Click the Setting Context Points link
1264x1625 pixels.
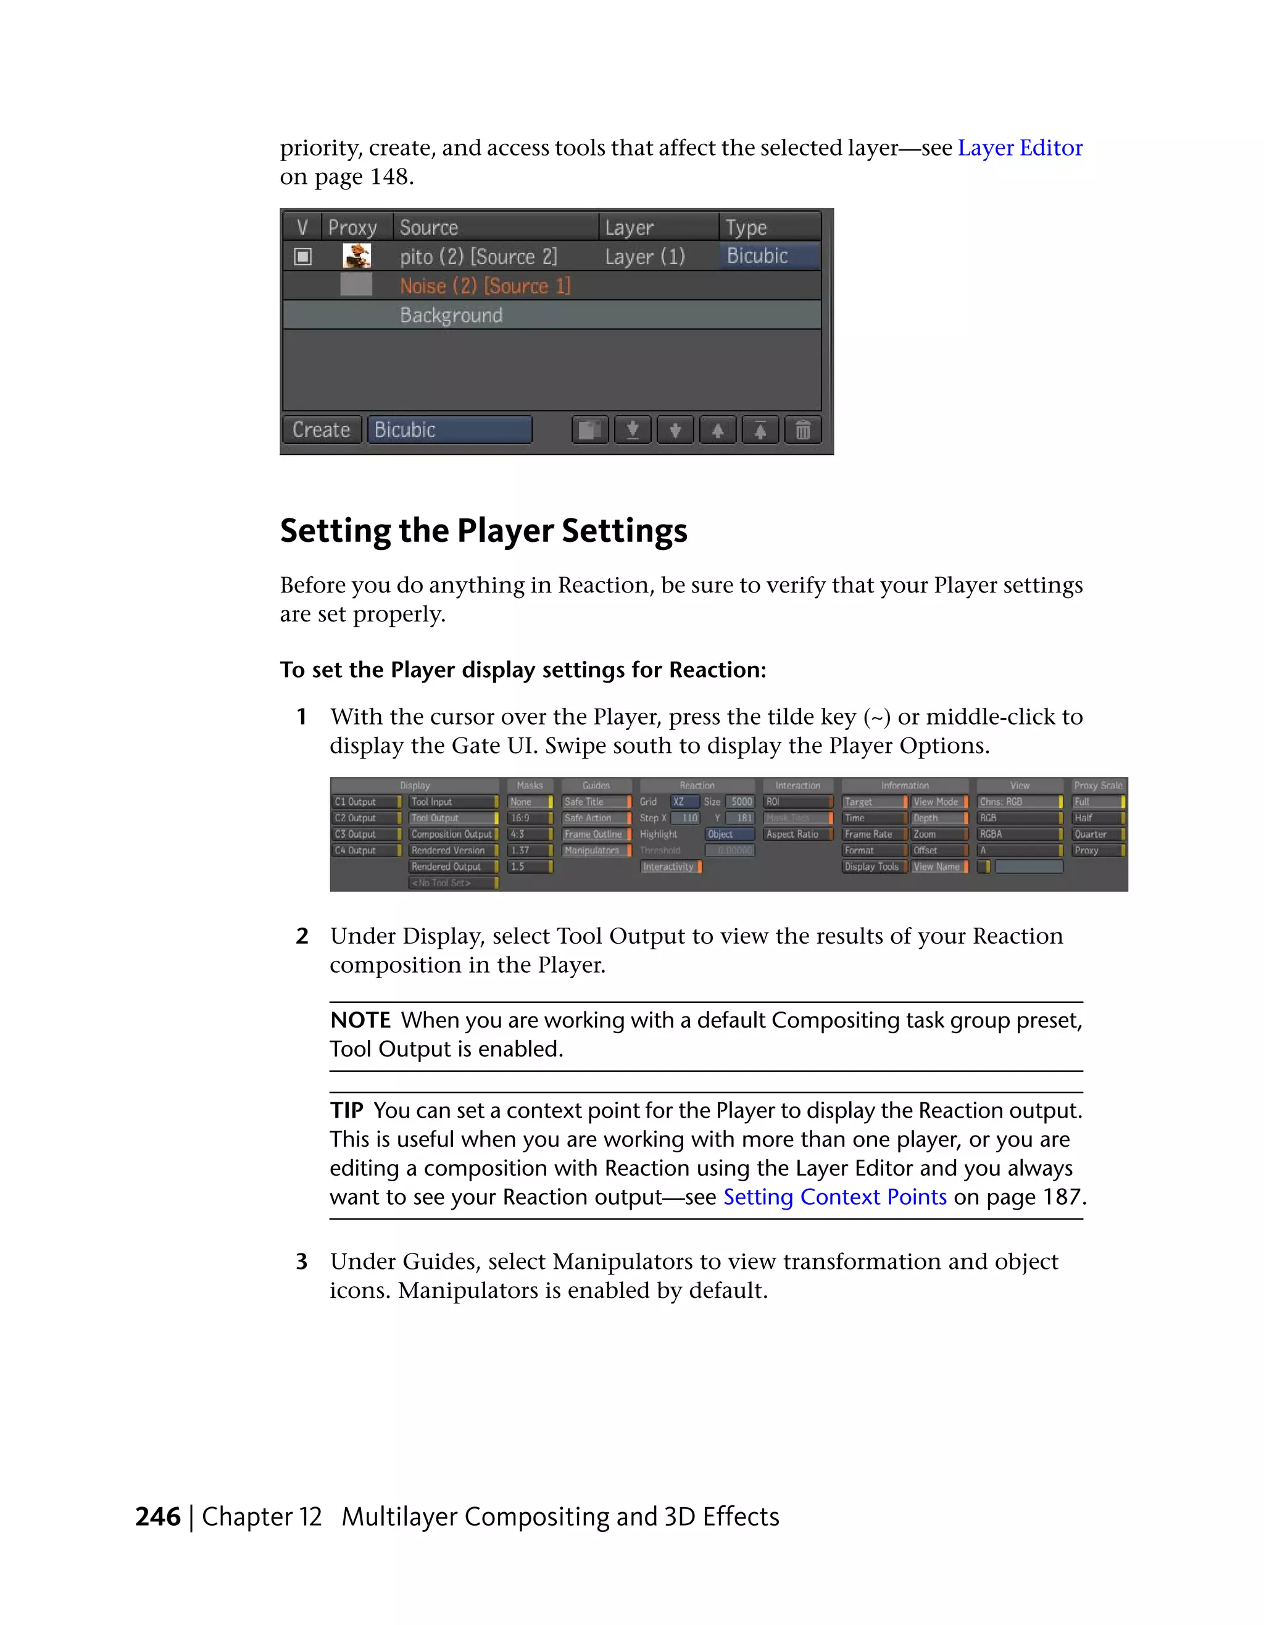pyautogui.click(x=834, y=1197)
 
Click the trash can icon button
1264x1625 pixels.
pyautogui.click(x=803, y=430)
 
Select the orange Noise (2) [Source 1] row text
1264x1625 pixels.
pyautogui.click(x=485, y=286)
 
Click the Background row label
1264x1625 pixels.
pyautogui.click(x=451, y=315)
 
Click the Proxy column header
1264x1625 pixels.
pyautogui.click(x=352, y=227)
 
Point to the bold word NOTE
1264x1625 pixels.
pyautogui.click(x=360, y=1020)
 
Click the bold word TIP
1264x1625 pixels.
pyautogui.click(x=347, y=1111)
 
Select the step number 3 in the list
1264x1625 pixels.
pyautogui.click(x=301, y=1262)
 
